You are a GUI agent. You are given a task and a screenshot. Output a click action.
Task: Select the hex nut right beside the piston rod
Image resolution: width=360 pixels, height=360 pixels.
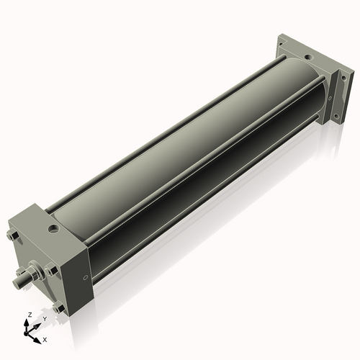pos(49,271)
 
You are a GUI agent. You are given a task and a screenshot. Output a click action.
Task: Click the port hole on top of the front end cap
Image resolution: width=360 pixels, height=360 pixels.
pos(53,230)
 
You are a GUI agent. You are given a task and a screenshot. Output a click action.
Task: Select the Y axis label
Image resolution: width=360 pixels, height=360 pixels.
pos(44,318)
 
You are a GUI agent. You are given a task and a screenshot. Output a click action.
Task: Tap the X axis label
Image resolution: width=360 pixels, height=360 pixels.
pos(45,338)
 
